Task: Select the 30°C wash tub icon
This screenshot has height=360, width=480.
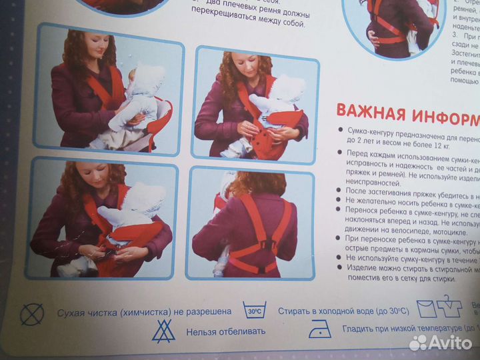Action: coord(255,310)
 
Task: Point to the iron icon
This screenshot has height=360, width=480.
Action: coord(320,329)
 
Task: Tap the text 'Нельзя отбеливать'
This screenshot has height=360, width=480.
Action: coord(225,331)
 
